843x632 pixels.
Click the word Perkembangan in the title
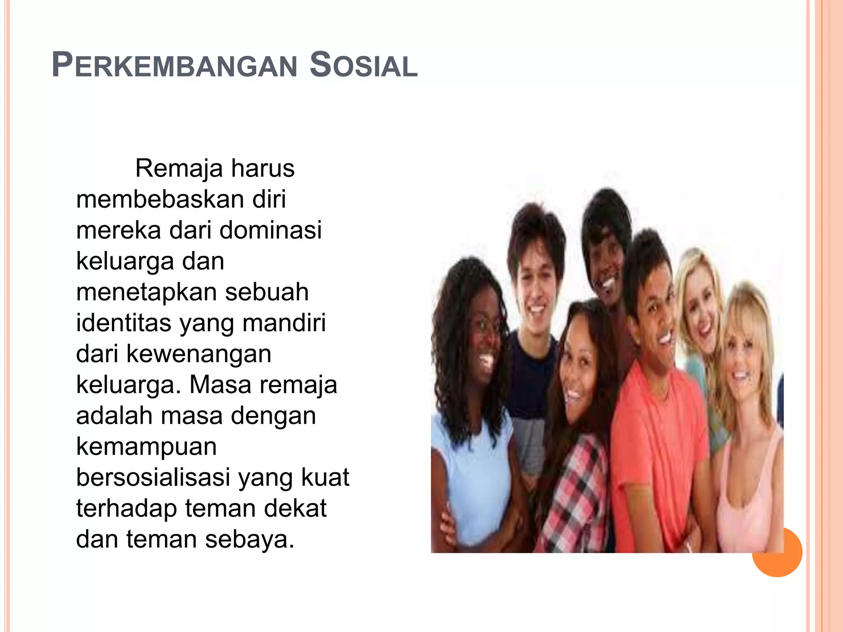[175, 65]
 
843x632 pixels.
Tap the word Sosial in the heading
[363, 65]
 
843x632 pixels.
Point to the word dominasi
[270, 230]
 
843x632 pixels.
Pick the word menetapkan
[146, 292]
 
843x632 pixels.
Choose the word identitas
[123, 323]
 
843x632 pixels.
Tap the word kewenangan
[198, 354]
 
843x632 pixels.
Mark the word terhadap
[126, 509]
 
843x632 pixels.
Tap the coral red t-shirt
[659, 444]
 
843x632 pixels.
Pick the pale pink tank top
[745, 494]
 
